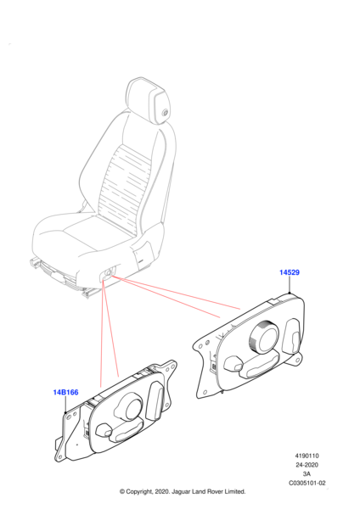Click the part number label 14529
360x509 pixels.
[290, 272]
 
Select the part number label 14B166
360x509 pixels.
[65, 393]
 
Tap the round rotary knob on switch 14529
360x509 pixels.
[263, 338]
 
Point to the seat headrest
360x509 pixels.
[148, 99]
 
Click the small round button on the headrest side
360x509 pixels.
[165, 113]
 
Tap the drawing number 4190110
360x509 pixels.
[307, 456]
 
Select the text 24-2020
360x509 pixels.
[307, 465]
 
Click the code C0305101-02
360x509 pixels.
[307, 483]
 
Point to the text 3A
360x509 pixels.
[307, 474]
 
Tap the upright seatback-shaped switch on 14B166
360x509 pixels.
[154, 401]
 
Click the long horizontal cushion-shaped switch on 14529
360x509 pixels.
[260, 366]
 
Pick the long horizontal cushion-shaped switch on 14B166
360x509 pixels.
[127, 431]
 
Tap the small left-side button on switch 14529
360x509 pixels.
[233, 364]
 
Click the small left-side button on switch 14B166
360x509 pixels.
[104, 430]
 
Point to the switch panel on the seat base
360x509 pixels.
[107, 273]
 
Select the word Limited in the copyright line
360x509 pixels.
[234, 492]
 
